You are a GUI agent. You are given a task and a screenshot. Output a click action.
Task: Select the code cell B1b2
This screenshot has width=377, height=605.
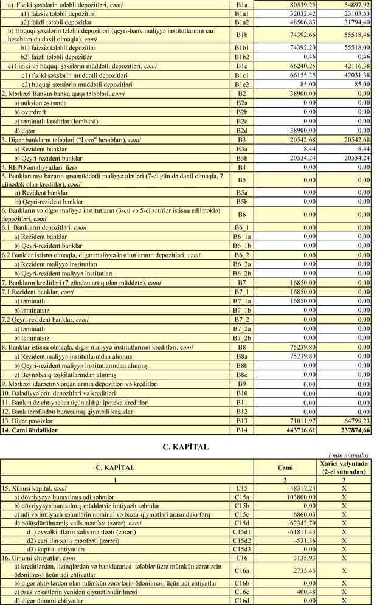(x=242, y=56)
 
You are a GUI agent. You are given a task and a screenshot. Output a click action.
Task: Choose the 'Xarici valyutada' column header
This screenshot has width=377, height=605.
(x=344, y=464)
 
